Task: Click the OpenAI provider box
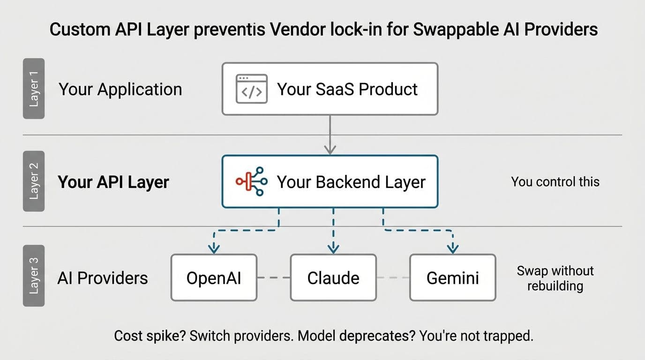click(214, 277)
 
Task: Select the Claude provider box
click(333, 277)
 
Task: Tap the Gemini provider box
click(453, 277)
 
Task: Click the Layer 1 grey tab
click(34, 89)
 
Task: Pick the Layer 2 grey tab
click(34, 181)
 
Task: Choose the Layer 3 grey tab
click(34, 276)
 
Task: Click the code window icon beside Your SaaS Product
click(251, 89)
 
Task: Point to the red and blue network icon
click(251, 181)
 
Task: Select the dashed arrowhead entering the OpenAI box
click(214, 248)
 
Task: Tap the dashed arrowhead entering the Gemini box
click(453, 248)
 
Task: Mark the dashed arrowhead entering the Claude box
click(333, 248)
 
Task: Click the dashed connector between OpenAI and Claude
click(274, 277)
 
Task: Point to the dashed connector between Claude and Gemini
click(393, 277)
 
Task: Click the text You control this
click(555, 182)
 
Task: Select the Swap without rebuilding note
click(555, 278)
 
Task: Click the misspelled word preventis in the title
click(230, 30)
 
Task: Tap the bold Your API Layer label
click(113, 182)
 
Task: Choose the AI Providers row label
click(103, 278)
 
